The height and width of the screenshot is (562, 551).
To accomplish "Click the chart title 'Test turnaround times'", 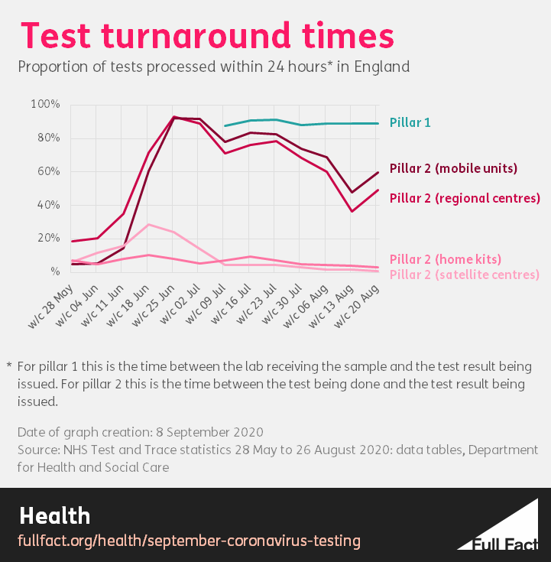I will (x=206, y=36).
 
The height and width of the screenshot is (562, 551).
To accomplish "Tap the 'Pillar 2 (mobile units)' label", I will (x=453, y=168).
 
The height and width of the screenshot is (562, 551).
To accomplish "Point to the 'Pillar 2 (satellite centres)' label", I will (x=464, y=275).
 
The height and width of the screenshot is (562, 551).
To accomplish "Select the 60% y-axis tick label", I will (x=47, y=171).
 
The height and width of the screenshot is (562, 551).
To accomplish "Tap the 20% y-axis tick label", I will (x=47, y=238).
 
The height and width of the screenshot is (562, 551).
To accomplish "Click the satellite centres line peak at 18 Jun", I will (x=148, y=225).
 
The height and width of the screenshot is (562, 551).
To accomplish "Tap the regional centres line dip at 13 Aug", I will (x=352, y=211).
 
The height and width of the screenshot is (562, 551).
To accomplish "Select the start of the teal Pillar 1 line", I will (x=225, y=125).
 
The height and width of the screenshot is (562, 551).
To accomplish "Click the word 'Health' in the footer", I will (x=55, y=515).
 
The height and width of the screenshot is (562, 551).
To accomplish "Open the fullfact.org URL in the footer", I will (x=189, y=541).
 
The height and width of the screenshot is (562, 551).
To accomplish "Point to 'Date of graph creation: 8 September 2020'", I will (x=141, y=432).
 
